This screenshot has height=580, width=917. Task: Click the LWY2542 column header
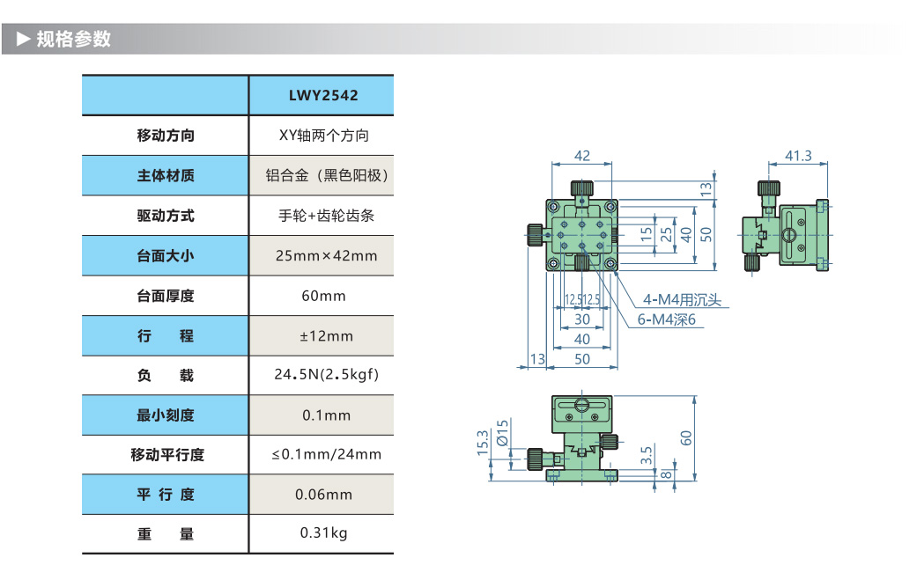pos(323,95)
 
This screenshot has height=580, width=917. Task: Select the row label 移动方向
pos(166,136)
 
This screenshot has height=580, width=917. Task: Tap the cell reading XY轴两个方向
pos(323,136)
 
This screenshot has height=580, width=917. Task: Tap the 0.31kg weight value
pos(323,532)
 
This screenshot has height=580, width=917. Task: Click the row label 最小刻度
pos(166,415)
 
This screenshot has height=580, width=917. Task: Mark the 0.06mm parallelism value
pos(323,494)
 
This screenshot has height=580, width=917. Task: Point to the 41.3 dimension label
pos(797,156)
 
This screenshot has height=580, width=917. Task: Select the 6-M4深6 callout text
pos(667,319)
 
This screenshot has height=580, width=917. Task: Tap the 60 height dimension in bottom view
pos(686,437)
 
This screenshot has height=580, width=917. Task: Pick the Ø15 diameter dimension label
pos(502,433)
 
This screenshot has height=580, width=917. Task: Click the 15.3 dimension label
pos(482,443)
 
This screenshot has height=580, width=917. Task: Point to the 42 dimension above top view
pos(582,155)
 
